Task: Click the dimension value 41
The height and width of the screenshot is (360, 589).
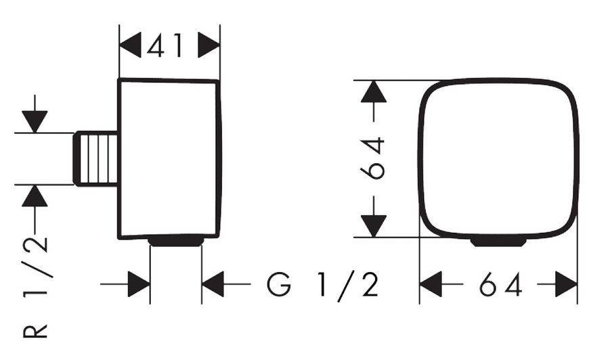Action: (165, 45)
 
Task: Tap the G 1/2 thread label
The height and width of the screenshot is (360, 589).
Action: (322, 284)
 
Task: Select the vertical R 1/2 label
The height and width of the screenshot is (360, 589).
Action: (36, 286)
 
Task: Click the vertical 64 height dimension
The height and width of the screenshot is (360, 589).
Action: (372, 158)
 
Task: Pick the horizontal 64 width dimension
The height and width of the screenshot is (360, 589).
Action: (500, 284)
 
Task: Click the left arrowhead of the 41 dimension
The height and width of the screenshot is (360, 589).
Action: (130, 45)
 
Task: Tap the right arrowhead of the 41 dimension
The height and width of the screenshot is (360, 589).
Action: (209, 45)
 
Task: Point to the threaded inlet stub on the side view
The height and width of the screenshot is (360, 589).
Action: (95, 159)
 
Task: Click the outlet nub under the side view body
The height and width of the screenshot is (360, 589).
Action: (176, 242)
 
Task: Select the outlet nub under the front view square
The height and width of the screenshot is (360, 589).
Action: (498, 242)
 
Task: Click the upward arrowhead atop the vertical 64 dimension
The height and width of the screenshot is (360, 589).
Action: (374, 91)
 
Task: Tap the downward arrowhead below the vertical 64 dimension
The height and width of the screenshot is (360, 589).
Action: (374, 226)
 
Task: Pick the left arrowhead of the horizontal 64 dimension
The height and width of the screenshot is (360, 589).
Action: (431, 284)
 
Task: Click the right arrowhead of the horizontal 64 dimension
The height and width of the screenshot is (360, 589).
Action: (567, 284)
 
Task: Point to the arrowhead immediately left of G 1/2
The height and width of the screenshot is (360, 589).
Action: (213, 284)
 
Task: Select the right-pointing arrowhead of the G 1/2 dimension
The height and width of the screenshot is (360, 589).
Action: (139, 284)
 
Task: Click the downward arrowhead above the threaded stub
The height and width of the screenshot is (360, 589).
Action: (35, 122)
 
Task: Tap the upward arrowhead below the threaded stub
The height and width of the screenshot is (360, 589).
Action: (35, 196)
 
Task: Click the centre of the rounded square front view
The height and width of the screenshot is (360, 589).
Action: (498, 158)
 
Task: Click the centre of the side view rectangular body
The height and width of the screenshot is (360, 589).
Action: (169, 159)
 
